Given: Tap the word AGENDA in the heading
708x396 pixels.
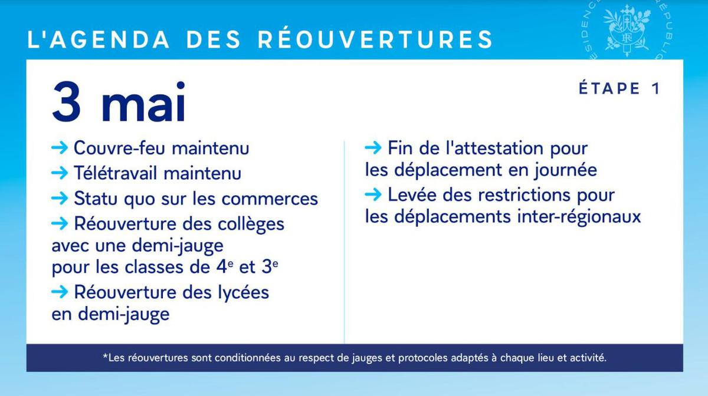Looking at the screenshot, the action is coord(110,39).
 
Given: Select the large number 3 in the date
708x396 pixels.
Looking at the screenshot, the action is coord(66,102).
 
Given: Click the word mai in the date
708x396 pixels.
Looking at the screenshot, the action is coord(143,102).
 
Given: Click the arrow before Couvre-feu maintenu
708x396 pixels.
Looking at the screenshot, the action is coord(60,147).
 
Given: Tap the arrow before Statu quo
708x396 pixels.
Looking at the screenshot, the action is coord(60,199).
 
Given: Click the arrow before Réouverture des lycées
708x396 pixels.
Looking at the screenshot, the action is coord(60,292).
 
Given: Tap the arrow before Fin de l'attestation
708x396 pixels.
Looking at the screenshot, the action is coord(373,147).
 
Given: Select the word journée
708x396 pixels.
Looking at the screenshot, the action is coord(565,170).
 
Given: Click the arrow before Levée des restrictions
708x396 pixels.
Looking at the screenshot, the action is coord(373,194).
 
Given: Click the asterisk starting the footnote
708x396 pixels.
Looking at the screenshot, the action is coord(105,356).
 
